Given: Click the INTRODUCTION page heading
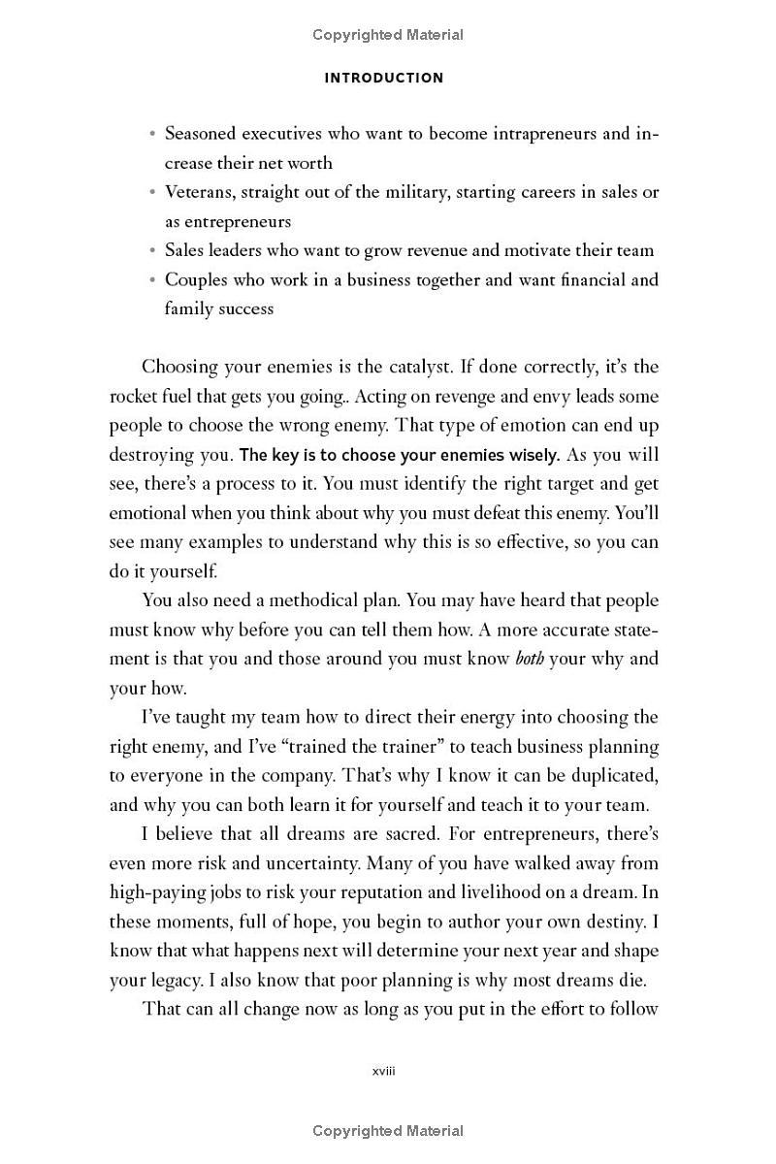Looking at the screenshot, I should (384, 78).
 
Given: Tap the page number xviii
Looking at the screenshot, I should (384, 1072).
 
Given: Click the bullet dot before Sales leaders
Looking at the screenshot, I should (152, 250).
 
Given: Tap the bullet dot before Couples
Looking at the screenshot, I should (152, 280).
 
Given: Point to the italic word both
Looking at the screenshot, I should (530, 659).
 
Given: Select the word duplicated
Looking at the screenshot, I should (611, 776).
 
